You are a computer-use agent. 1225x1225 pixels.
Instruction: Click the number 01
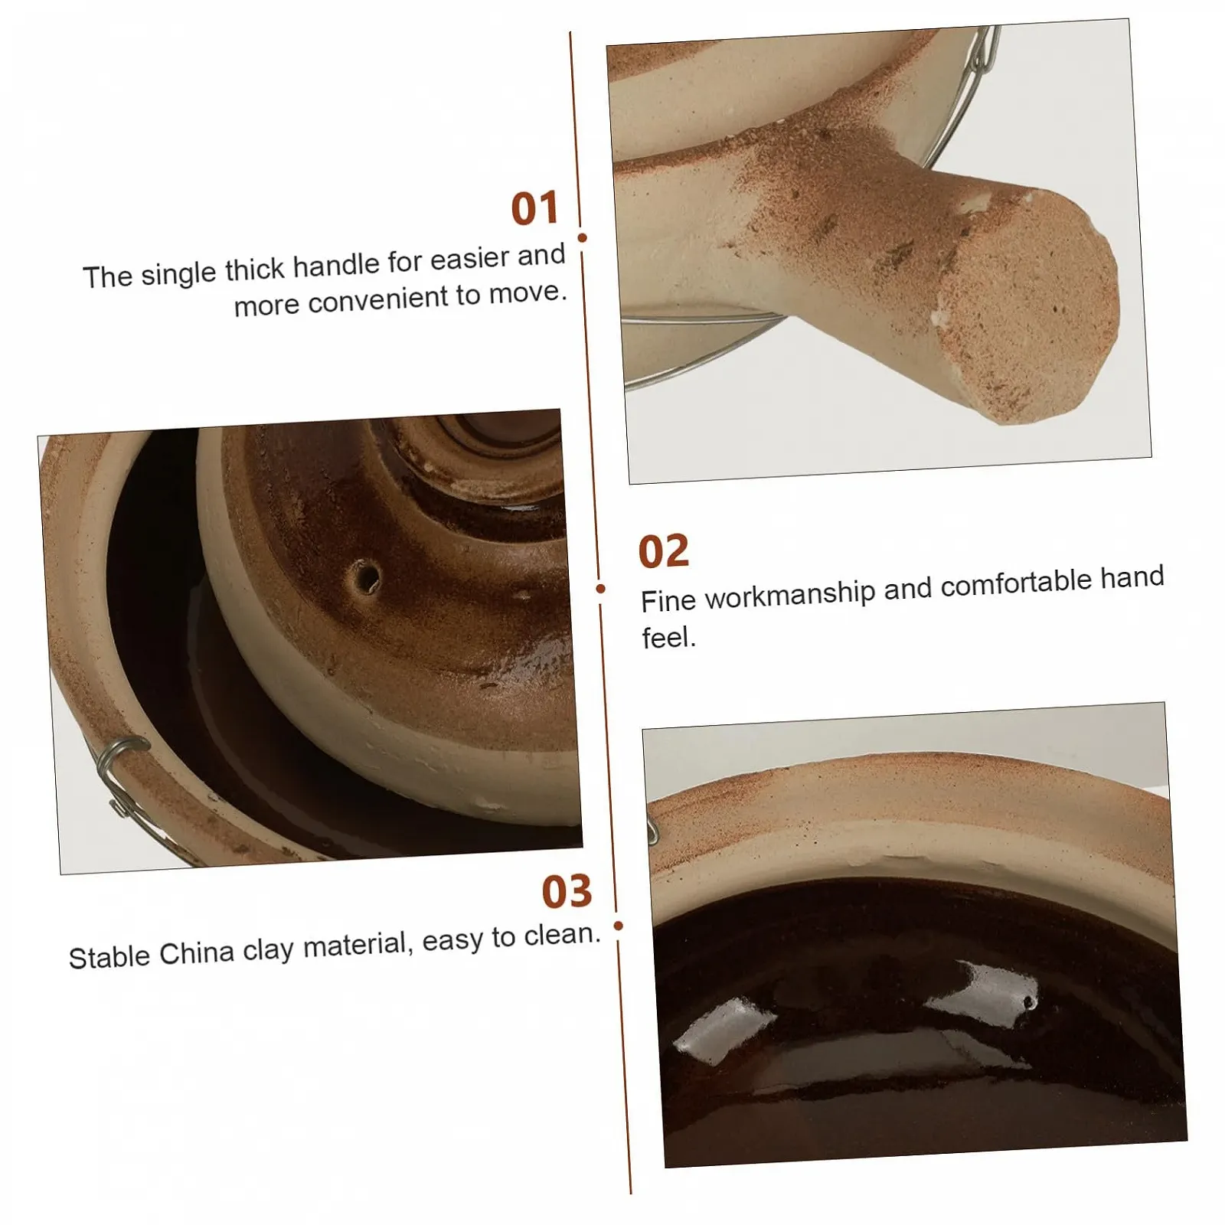pyautogui.click(x=535, y=208)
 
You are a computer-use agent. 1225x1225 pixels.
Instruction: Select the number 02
pyautogui.click(x=664, y=551)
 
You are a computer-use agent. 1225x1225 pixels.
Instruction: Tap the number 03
pyautogui.click(x=567, y=891)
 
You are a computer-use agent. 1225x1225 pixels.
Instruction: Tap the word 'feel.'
pyautogui.click(x=668, y=637)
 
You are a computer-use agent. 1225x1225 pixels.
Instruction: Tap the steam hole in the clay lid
pyautogui.click(x=366, y=576)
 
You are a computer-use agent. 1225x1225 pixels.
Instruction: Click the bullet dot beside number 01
pyautogui.click(x=583, y=238)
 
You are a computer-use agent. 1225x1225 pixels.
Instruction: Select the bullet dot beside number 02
pyautogui.click(x=600, y=588)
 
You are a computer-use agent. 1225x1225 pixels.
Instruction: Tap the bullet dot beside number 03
pyautogui.click(x=619, y=926)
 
